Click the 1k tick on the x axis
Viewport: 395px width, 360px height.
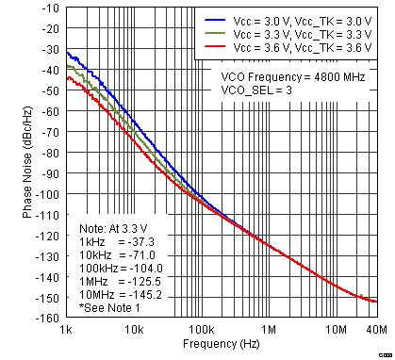click(66, 331)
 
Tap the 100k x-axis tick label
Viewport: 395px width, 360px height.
click(200, 331)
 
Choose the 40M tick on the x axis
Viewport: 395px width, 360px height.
click(374, 331)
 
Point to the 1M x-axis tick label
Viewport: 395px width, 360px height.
click(269, 331)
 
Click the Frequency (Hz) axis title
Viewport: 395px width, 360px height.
click(222, 347)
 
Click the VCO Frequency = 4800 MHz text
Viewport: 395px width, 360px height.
click(293, 75)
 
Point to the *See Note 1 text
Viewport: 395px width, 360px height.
click(110, 307)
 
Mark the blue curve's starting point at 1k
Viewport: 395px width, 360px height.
click(67, 52)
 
